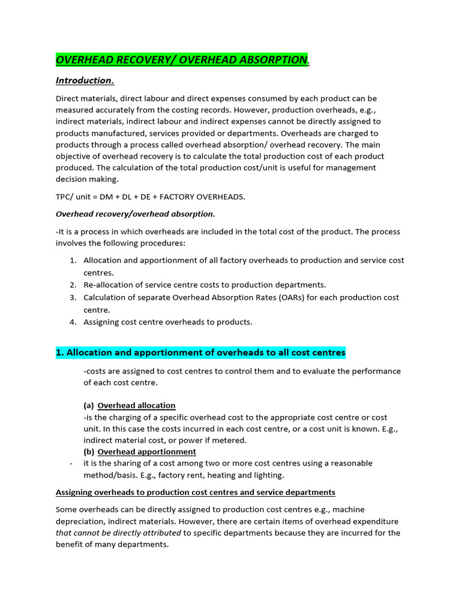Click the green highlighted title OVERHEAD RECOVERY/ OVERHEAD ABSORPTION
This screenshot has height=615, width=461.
(181, 59)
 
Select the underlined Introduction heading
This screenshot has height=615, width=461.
(85, 80)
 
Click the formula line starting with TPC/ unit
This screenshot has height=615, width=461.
(151, 196)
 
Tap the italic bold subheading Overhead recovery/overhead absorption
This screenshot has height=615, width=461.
(135, 214)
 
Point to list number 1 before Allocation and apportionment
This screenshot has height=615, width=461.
(73, 261)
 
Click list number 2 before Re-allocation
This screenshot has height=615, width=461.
(73, 285)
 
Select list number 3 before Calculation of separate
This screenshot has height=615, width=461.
(73, 297)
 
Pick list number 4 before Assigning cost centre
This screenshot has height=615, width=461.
(73, 322)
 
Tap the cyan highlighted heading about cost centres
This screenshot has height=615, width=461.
(200, 353)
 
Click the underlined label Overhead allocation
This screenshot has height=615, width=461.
(136, 405)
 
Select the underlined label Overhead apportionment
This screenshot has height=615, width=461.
(146, 452)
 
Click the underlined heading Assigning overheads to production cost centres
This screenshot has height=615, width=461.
(195, 492)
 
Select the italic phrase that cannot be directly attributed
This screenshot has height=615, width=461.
(118, 533)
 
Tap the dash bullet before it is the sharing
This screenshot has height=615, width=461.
(71, 464)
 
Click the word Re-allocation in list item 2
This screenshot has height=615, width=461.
(107, 285)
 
